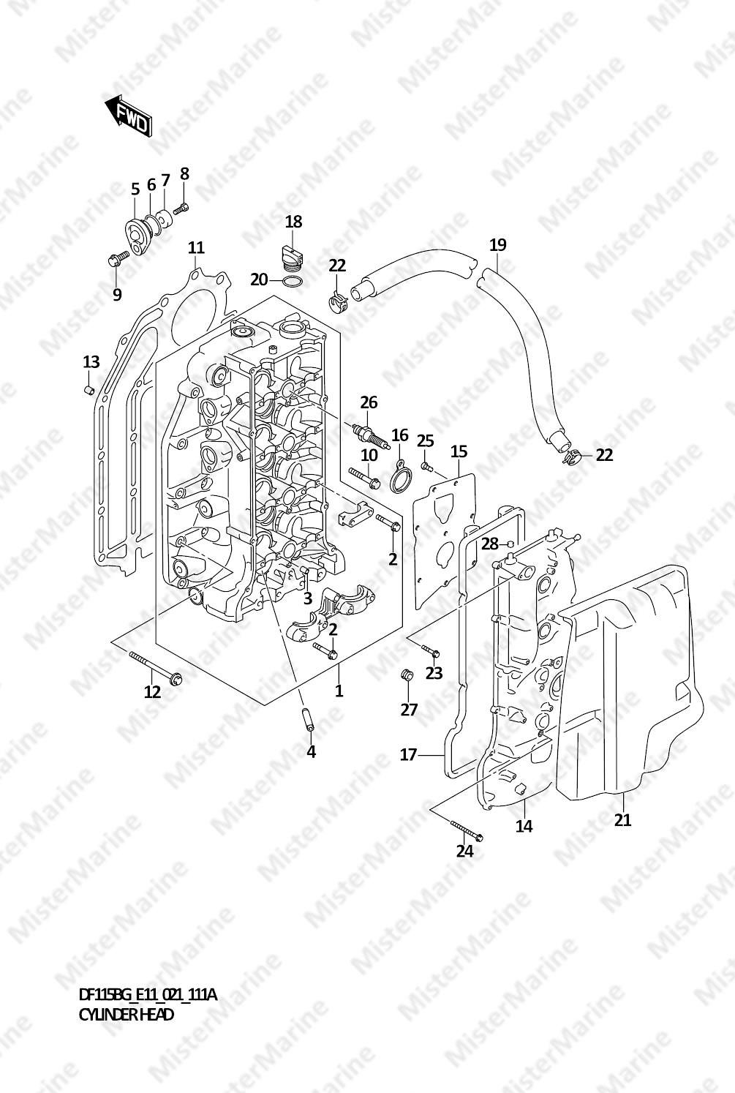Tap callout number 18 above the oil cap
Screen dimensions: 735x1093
(x=293, y=222)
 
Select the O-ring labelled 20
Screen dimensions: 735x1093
(x=292, y=282)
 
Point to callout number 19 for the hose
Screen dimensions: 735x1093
(x=498, y=244)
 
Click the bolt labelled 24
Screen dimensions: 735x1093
(x=467, y=832)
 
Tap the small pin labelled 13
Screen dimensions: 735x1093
(x=88, y=391)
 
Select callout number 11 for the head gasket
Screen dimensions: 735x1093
(x=196, y=248)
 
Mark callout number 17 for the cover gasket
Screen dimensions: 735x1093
(x=409, y=755)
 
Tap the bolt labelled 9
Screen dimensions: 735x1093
(x=118, y=258)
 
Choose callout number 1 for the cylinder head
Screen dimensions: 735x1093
(x=339, y=691)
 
